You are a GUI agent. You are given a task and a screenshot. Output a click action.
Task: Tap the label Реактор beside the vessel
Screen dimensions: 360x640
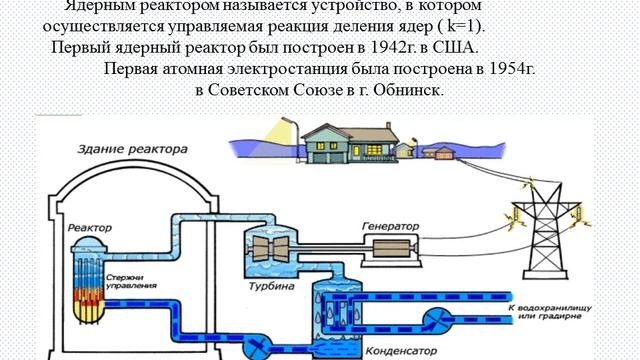point(90,229)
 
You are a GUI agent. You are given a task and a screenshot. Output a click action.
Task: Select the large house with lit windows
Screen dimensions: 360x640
point(345,140)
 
